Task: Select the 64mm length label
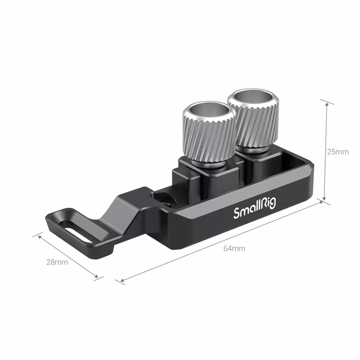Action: (x=234, y=248)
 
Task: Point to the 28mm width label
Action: (x=57, y=262)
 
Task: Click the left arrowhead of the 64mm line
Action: (x=121, y=280)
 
